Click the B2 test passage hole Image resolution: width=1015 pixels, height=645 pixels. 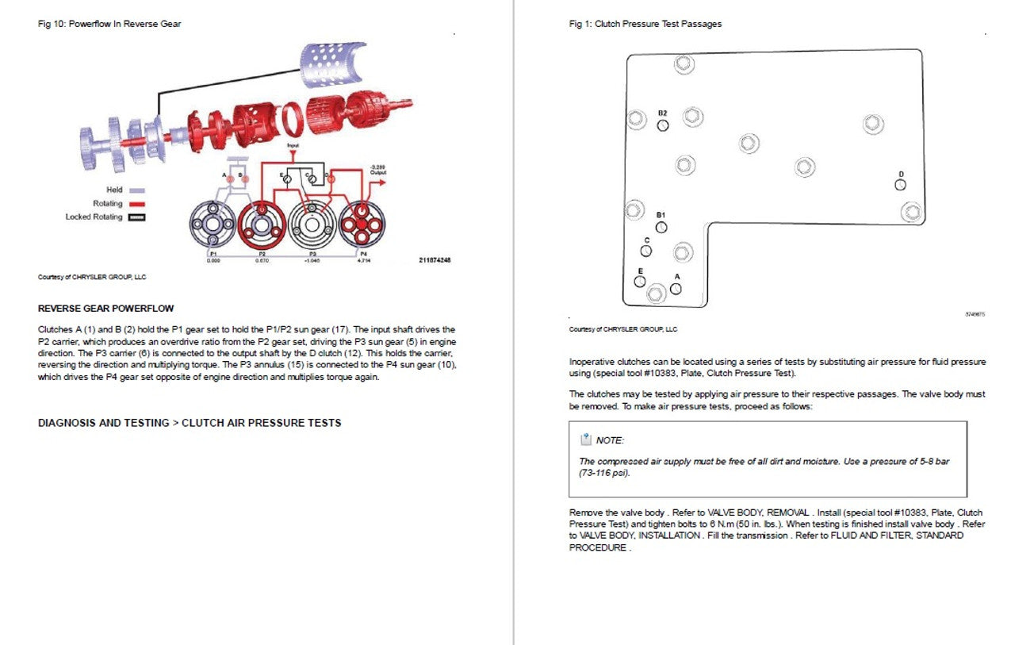pyautogui.click(x=663, y=125)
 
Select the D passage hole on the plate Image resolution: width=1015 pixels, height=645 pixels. pyautogui.click(x=900, y=185)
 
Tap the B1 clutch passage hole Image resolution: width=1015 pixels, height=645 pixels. pyautogui.click(x=661, y=228)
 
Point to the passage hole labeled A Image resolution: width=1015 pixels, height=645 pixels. pyautogui.click(x=676, y=289)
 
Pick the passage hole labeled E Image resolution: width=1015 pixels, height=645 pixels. pyautogui.click(x=639, y=282)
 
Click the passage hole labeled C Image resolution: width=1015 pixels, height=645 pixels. pyautogui.click(x=646, y=251)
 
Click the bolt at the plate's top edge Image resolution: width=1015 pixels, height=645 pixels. pyautogui.click(x=684, y=63)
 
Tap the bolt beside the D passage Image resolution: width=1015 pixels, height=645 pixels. pyautogui.click(x=912, y=212)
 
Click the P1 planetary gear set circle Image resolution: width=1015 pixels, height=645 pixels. pyautogui.click(x=213, y=226)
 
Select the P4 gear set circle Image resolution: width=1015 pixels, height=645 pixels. pyautogui.click(x=362, y=226)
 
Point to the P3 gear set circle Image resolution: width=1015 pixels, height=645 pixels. pyautogui.click(x=312, y=226)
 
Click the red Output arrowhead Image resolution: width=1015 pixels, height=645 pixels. pyautogui.click(x=385, y=182)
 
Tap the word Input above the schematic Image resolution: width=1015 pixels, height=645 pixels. pyautogui.click(x=293, y=146)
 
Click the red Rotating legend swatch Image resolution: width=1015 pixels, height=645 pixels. pyautogui.click(x=137, y=204)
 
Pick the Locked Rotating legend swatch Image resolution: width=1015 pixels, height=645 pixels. pyautogui.click(x=137, y=217)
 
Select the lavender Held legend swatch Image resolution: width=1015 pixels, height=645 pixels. pyautogui.click(x=137, y=190)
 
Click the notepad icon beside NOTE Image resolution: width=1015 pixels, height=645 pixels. pyautogui.click(x=586, y=440)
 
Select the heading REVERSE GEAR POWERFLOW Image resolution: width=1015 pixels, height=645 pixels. pyautogui.click(x=105, y=309)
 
